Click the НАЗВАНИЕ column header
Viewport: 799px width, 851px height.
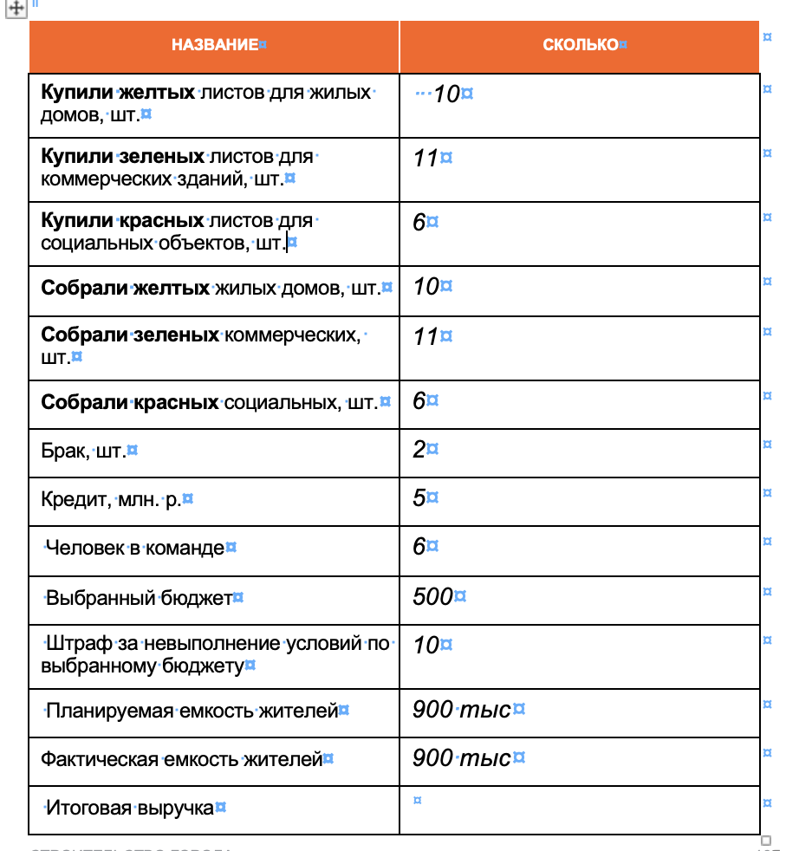coord(214,45)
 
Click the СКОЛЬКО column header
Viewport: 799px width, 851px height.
coord(581,45)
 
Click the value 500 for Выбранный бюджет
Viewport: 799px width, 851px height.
coord(432,596)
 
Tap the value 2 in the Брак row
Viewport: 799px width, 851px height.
coord(419,449)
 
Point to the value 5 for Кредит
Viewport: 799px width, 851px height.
coord(419,498)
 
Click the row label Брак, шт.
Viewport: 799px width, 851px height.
coord(83,451)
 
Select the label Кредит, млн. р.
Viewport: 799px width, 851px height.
coord(111,500)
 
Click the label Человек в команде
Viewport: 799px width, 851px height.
coord(134,548)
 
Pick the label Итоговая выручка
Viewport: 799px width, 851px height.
coord(129,809)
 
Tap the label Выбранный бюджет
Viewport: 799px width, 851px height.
coord(139,598)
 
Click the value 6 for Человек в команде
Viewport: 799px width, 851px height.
coord(419,547)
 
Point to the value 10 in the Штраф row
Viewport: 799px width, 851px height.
coord(425,645)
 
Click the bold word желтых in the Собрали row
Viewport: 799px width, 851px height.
coord(172,287)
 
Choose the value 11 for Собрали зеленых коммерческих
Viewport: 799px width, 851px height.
coord(425,335)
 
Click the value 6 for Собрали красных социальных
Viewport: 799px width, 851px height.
coord(419,400)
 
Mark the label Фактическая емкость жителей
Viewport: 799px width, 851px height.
coord(181,760)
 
